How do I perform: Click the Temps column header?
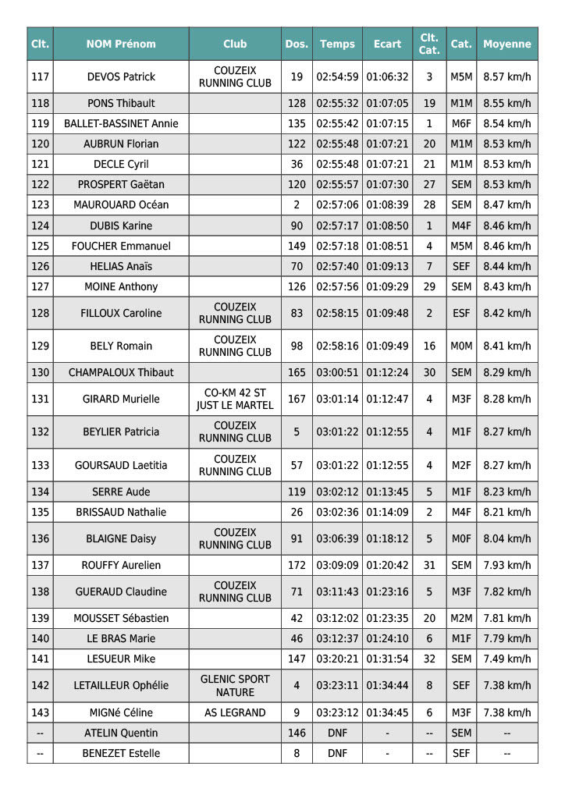tap(337, 44)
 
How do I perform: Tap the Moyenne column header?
tap(507, 44)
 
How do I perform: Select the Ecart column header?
tap(387, 44)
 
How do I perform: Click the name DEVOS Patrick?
tap(121, 76)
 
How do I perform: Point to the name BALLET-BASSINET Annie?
tap(121, 123)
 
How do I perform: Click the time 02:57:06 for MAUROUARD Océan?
tap(337, 204)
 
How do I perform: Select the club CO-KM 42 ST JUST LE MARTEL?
tap(235, 399)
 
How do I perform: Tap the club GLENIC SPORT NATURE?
tap(235, 686)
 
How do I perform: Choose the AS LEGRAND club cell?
tap(235, 712)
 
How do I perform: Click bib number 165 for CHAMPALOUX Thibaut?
tap(297, 372)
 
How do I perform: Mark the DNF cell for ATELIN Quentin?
tap(337, 733)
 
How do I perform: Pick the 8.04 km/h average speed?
tap(507, 538)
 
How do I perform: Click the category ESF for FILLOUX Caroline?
tap(461, 313)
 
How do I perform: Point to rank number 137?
tap(40, 565)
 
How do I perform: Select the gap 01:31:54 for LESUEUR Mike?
tap(387, 659)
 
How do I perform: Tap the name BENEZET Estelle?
tap(121, 753)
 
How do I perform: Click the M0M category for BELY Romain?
tap(461, 346)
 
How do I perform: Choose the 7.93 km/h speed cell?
tap(507, 565)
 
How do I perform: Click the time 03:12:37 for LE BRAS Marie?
tap(337, 638)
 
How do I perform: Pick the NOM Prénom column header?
tap(121, 44)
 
